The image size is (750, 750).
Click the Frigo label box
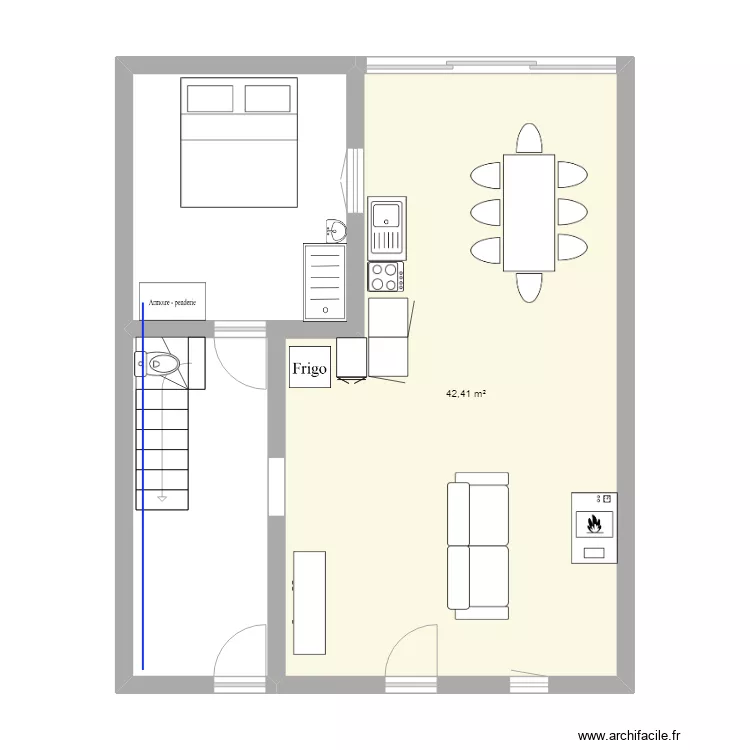tap(309, 369)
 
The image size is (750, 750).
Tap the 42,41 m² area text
tap(466, 394)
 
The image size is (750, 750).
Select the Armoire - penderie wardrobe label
tap(172, 301)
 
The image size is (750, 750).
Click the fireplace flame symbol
tap(594, 523)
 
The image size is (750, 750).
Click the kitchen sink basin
tap(385, 214)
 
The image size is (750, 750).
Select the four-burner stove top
tap(386, 275)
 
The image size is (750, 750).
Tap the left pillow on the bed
tap(209, 98)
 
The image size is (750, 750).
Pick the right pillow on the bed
tap(266, 98)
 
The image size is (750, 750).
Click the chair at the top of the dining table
tap(529, 138)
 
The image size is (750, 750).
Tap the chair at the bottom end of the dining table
tap(529, 287)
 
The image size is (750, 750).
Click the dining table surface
tap(529, 212)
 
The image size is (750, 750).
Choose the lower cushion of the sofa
tap(478, 577)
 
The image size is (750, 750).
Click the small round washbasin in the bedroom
tap(336, 232)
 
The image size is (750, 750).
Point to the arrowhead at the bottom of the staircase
tap(161, 494)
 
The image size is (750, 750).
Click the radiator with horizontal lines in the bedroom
tap(326, 282)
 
